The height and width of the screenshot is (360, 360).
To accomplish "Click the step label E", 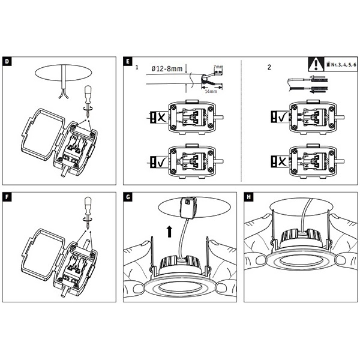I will [127, 62].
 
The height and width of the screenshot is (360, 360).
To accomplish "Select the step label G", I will [127, 196].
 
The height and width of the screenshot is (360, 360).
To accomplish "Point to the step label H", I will [249, 196].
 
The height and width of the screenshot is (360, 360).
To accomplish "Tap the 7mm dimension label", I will [218, 67].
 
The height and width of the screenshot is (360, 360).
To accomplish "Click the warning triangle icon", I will [315, 62].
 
